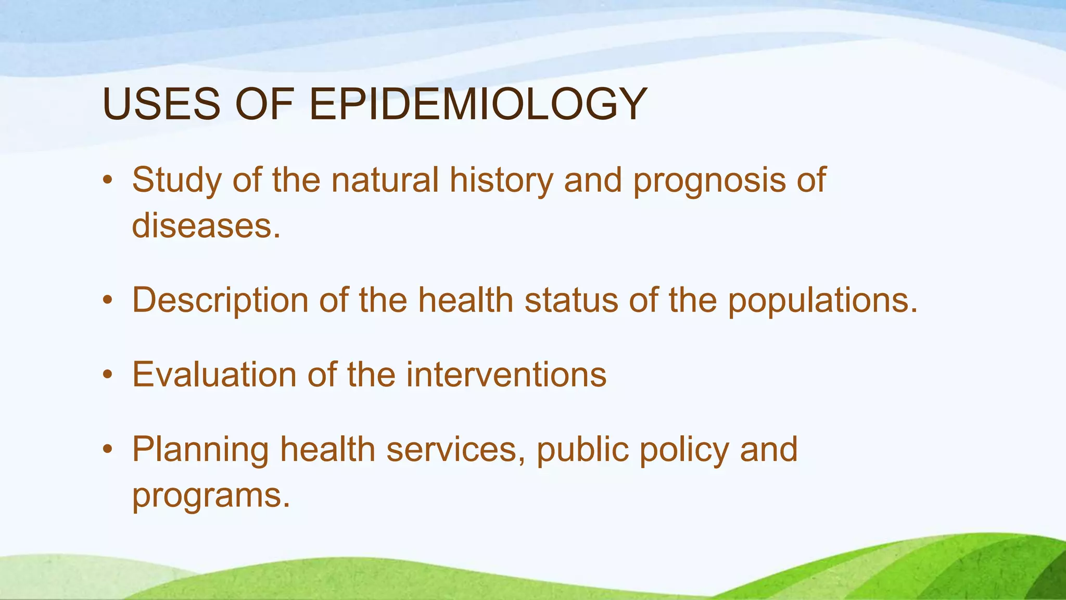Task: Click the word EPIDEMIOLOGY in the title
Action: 478,104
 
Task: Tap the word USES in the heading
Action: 161,104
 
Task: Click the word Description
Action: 220,301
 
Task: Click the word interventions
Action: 506,374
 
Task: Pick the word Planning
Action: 200,450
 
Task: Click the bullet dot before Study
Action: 108,181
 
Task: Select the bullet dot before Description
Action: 108,301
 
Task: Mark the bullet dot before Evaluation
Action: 108,374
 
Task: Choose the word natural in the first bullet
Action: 385,180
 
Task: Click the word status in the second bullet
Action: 571,301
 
